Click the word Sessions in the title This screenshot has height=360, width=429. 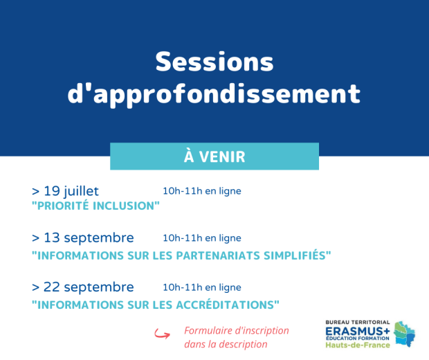214,62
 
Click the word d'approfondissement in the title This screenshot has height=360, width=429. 214,94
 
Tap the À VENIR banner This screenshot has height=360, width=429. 214,156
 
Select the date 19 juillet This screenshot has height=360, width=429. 71,191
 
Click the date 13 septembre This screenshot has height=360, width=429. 89,238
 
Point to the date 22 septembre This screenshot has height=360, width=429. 89,287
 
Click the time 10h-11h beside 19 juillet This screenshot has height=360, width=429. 183,191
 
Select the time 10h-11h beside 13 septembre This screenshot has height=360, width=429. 183,238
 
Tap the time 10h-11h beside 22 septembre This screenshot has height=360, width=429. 183,287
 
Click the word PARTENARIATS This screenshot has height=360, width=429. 218,255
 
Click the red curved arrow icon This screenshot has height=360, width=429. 162,334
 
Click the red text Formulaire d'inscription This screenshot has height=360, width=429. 237,331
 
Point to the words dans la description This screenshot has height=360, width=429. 226,344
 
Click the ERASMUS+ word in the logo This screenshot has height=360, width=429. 358,331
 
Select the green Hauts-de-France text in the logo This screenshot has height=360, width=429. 358,345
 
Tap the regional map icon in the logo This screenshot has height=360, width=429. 405,334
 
